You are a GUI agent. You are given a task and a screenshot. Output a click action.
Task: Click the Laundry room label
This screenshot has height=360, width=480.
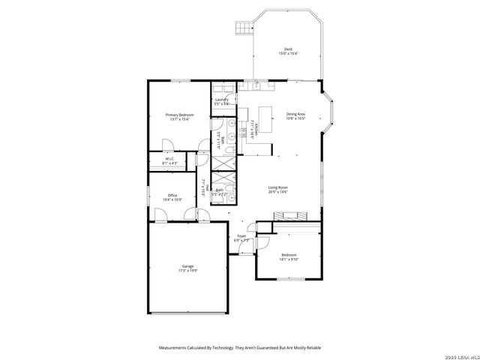click(x=221, y=100)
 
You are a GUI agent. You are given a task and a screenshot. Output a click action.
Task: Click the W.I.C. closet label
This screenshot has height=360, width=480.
click(x=169, y=158)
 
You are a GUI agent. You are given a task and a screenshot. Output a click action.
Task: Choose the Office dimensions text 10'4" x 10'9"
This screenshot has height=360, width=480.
click(x=172, y=199)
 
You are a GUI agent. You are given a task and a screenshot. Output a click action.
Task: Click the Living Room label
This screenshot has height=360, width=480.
click(x=278, y=187)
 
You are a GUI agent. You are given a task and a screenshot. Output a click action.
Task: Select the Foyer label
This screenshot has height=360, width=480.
click(x=241, y=236)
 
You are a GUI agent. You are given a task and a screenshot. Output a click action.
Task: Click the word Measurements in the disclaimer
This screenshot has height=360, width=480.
click(x=175, y=347)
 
